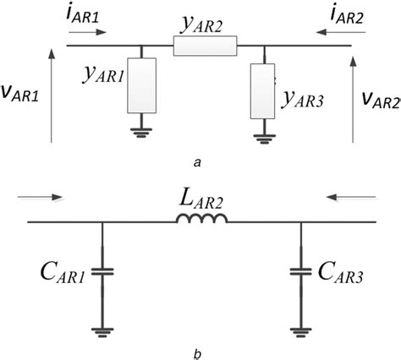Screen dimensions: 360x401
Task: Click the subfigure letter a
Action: click(196, 159)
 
